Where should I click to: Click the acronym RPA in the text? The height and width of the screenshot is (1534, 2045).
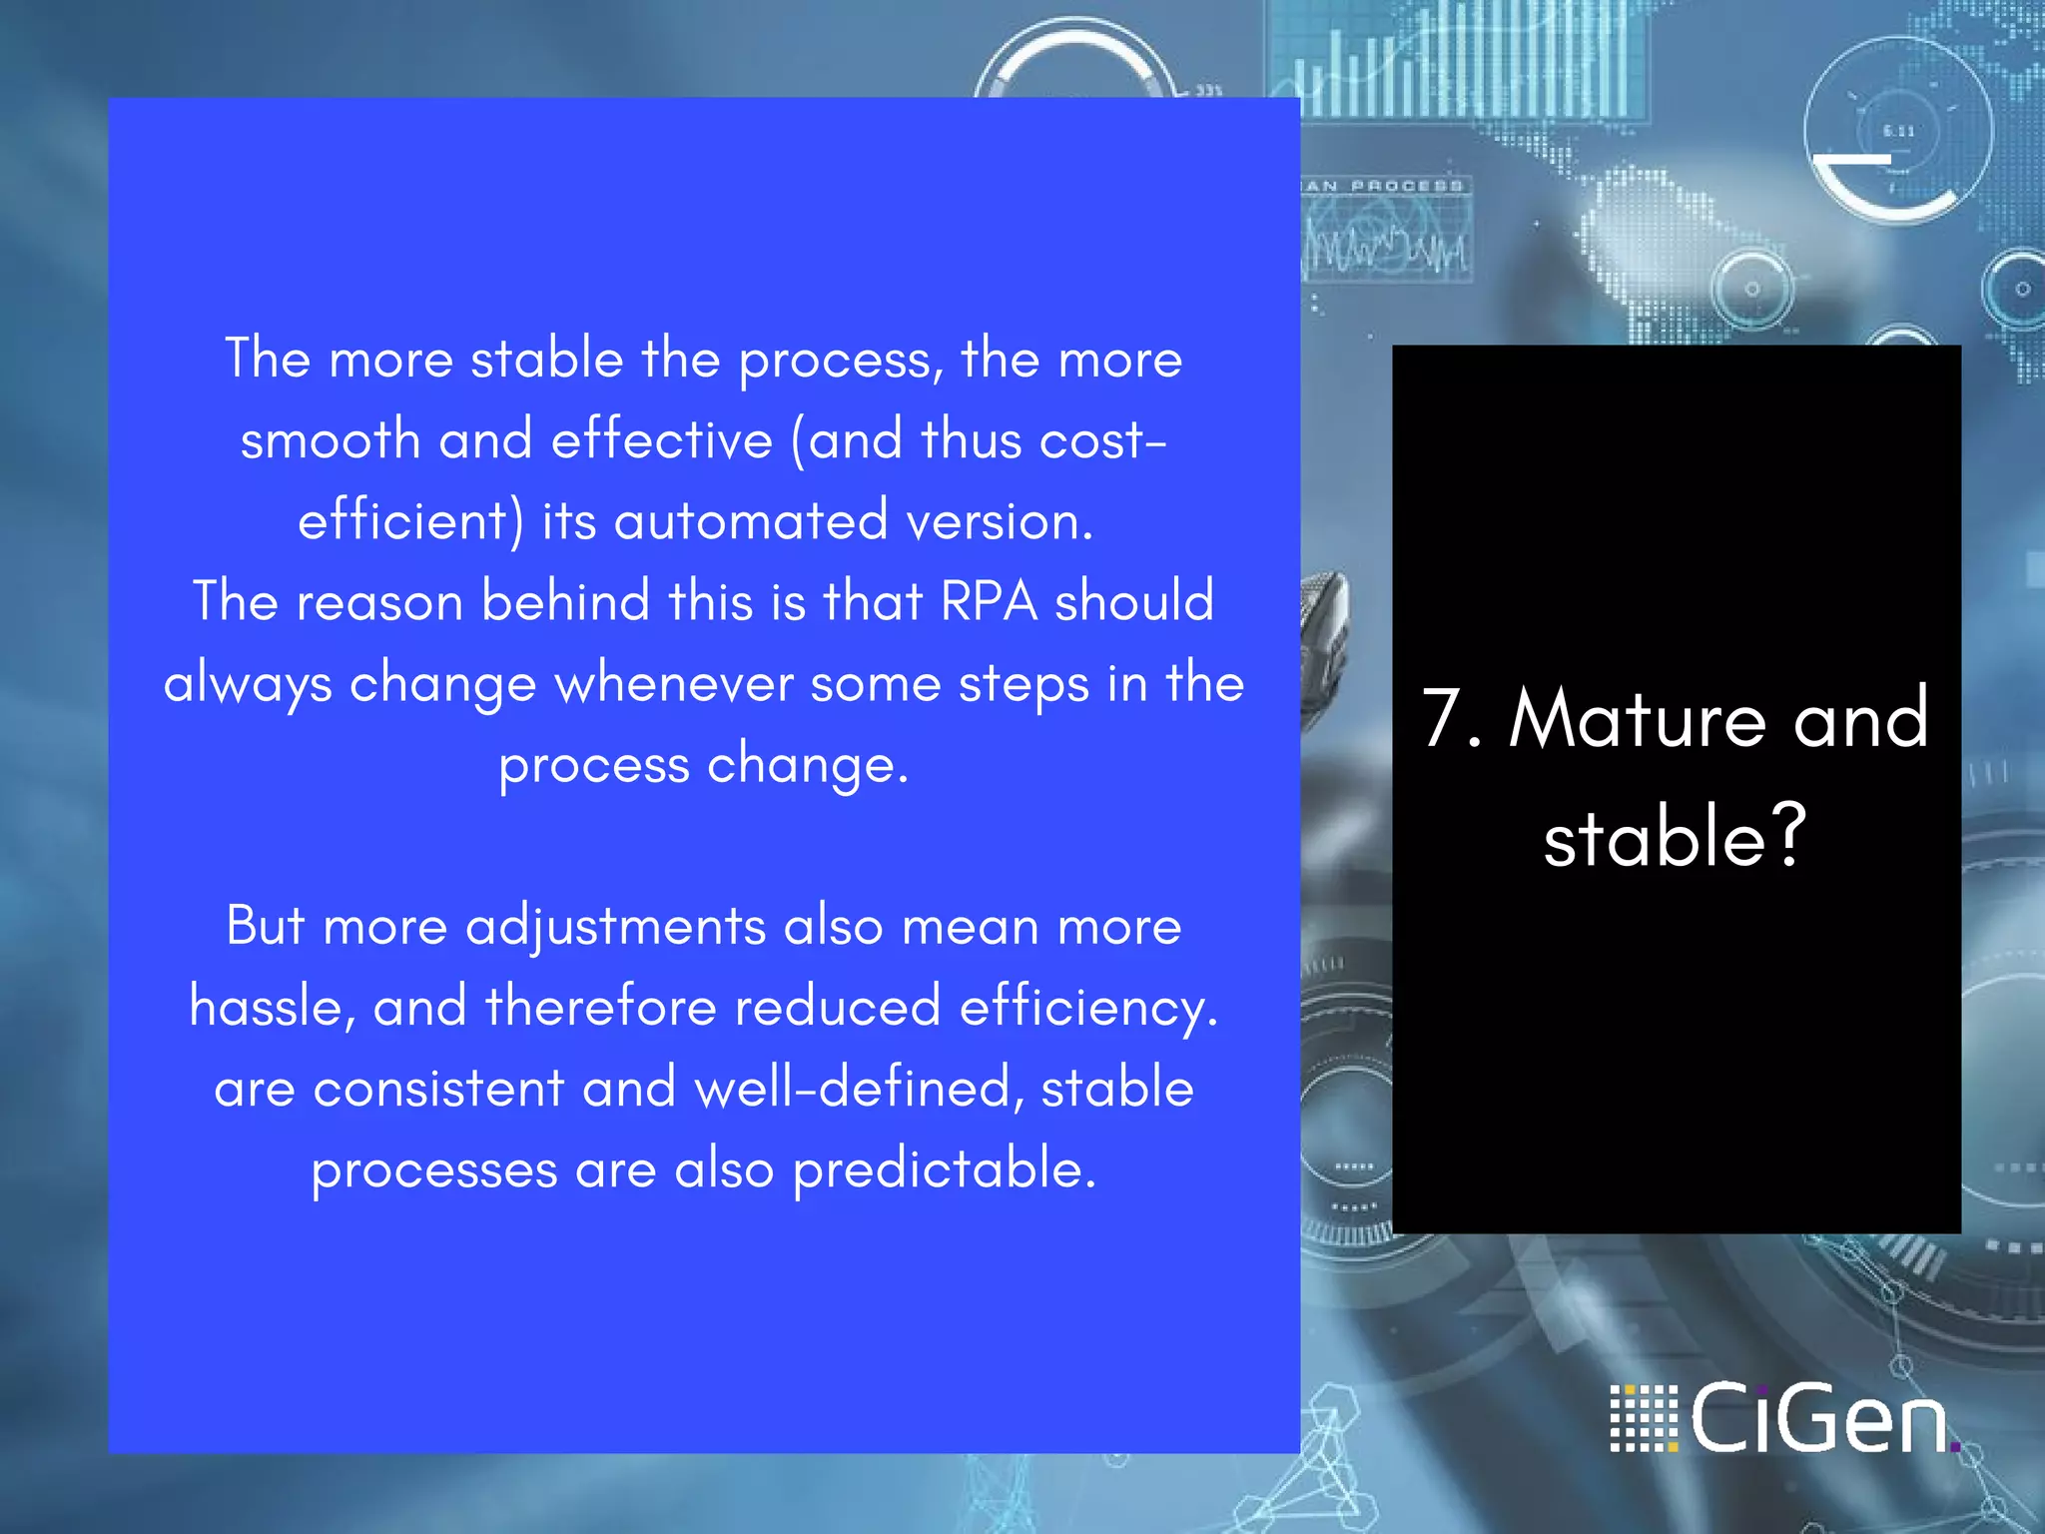(989, 602)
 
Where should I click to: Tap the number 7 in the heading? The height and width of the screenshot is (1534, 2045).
(1444, 718)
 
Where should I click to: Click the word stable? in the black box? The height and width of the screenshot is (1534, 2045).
(1675, 837)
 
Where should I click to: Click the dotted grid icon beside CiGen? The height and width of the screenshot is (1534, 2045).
(1644, 1418)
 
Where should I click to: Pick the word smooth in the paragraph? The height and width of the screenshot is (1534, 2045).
(331, 440)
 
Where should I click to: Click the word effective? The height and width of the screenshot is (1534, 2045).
(662, 440)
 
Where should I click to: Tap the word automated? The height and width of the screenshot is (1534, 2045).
(751, 521)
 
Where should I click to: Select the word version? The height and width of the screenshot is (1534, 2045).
(1000, 521)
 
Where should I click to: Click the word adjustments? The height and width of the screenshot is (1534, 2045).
(615, 926)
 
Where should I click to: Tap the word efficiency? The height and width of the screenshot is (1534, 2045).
(1087, 1007)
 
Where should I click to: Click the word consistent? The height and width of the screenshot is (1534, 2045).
(439, 1088)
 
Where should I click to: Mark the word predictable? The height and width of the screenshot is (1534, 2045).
(944, 1169)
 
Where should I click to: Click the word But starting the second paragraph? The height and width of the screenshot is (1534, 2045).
(265, 926)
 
